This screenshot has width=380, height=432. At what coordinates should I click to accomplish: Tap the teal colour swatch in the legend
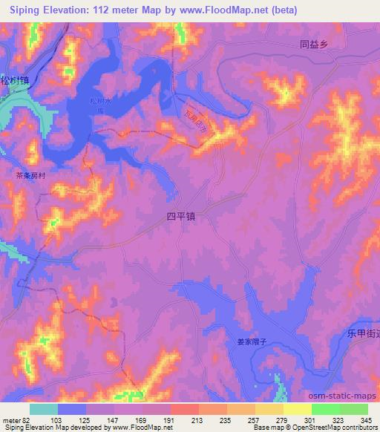point(44,409)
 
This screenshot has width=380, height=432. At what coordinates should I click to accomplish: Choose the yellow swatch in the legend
point(297,409)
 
